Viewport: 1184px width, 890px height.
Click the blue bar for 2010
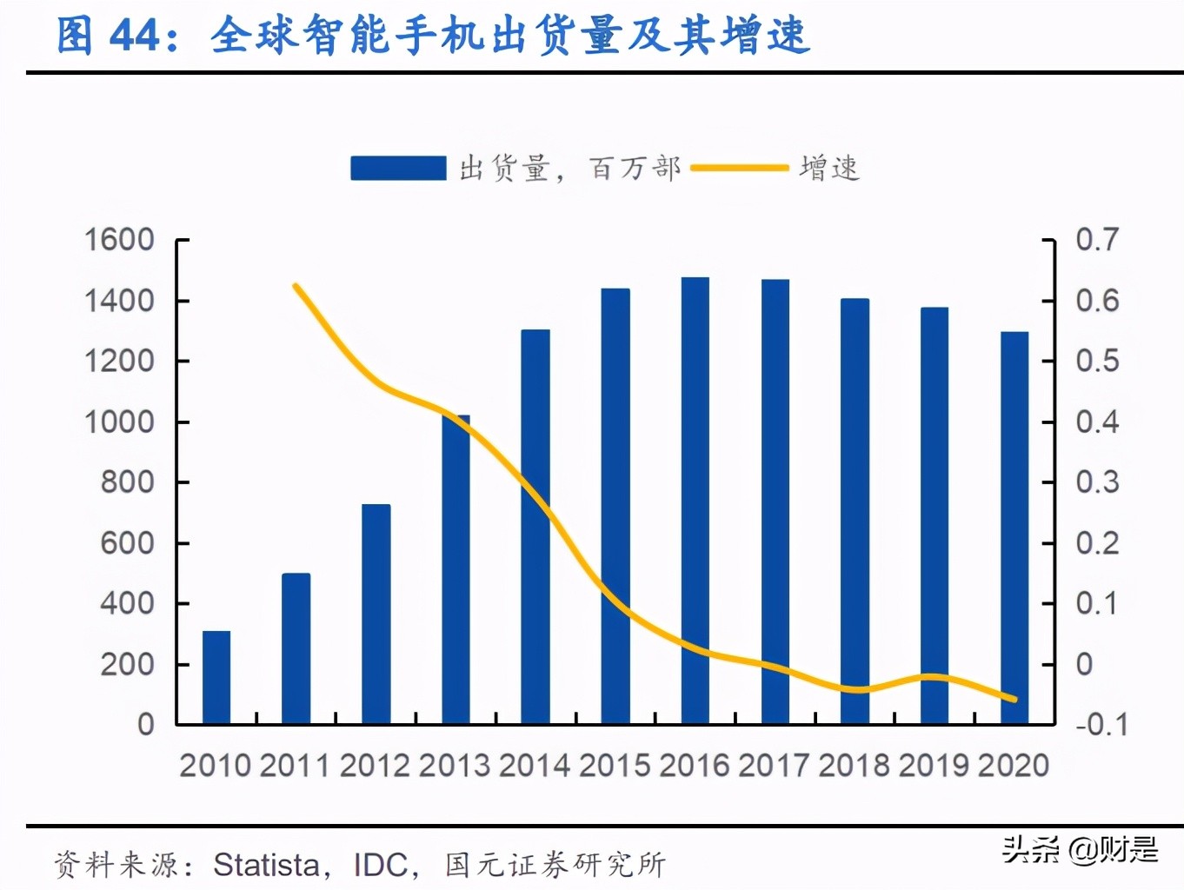pyautogui.click(x=216, y=677)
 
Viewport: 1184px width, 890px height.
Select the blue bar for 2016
pyautogui.click(x=695, y=501)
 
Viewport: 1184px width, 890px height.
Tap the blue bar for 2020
pyautogui.click(x=1014, y=528)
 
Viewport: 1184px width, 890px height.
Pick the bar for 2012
pyautogui.click(x=376, y=614)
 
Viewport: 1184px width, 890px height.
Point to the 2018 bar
pyautogui.click(x=855, y=511)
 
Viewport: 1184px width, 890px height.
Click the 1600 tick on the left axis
pyautogui.click(x=119, y=240)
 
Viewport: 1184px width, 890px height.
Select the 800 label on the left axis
pyautogui.click(x=127, y=482)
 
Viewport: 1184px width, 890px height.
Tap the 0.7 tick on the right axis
pyautogui.click(x=1097, y=240)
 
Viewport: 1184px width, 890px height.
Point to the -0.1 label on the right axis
pyautogui.click(x=1101, y=724)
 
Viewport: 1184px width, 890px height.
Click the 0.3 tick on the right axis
pyautogui.click(x=1097, y=482)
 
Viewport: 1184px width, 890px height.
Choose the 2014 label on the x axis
pyautogui.click(x=535, y=766)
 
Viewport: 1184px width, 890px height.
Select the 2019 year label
pyautogui.click(x=934, y=766)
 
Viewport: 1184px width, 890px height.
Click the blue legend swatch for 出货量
pyautogui.click(x=398, y=168)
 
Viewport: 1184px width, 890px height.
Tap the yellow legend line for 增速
pyautogui.click(x=739, y=168)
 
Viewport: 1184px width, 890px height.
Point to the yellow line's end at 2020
pyautogui.click(x=1014, y=699)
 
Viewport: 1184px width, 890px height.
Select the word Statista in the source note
pyautogui.click(x=266, y=865)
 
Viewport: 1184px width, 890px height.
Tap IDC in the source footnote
pyautogui.click(x=380, y=865)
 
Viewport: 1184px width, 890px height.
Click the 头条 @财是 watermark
pyautogui.click(x=1080, y=849)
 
